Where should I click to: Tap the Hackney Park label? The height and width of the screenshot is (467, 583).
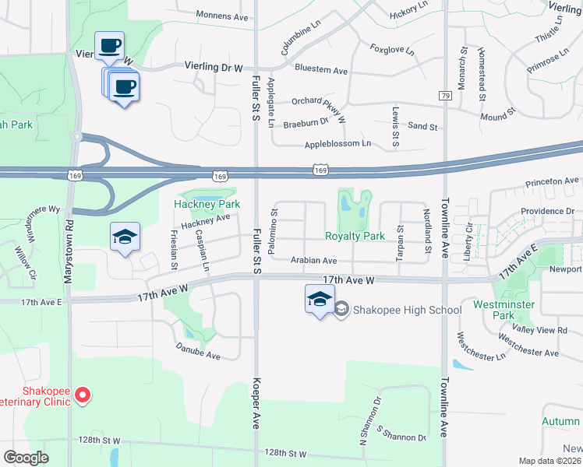pyautogui.click(x=207, y=204)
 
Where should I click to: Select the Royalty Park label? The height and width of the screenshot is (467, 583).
pyautogui.click(x=355, y=236)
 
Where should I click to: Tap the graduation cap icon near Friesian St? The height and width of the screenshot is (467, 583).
pyautogui.click(x=125, y=237)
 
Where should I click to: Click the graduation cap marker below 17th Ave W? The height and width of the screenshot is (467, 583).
pyautogui.click(x=320, y=299)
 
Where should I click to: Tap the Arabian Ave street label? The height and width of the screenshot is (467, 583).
pyautogui.click(x=314, y=261)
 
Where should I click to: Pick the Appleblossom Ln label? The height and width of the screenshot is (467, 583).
pyautogui.click(x=337, y=145)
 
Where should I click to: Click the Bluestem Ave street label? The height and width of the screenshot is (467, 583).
pyautogui.click(x=321, y=70)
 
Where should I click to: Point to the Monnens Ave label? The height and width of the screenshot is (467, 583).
pyautogui.click(x=222, y=16)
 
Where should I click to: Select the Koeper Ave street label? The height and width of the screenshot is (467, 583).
pyautogui.click(x=255, y=404)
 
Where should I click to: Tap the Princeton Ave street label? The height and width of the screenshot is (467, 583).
pyautogui.click(x=552, y=181)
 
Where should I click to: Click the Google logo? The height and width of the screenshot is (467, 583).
pyautogui.click(x=26, y=458)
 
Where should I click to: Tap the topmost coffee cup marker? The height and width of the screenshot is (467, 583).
pyautogui.click(x=109, y=45)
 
